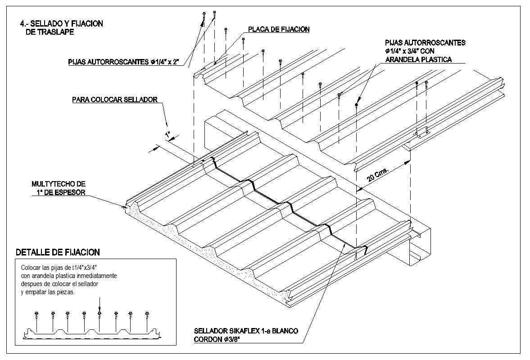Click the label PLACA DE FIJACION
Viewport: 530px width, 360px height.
(278, 30)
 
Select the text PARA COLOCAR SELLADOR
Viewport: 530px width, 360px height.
(115, 100)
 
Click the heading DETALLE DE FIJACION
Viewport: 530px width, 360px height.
(58, 252)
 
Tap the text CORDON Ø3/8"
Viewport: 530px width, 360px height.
(217, 340)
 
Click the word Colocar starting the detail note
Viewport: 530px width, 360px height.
(30, 267)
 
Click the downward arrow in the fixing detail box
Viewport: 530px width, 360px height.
(100, 303)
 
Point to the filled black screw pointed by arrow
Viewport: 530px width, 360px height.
(356, 105)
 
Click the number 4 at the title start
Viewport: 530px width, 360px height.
(22, 24)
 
